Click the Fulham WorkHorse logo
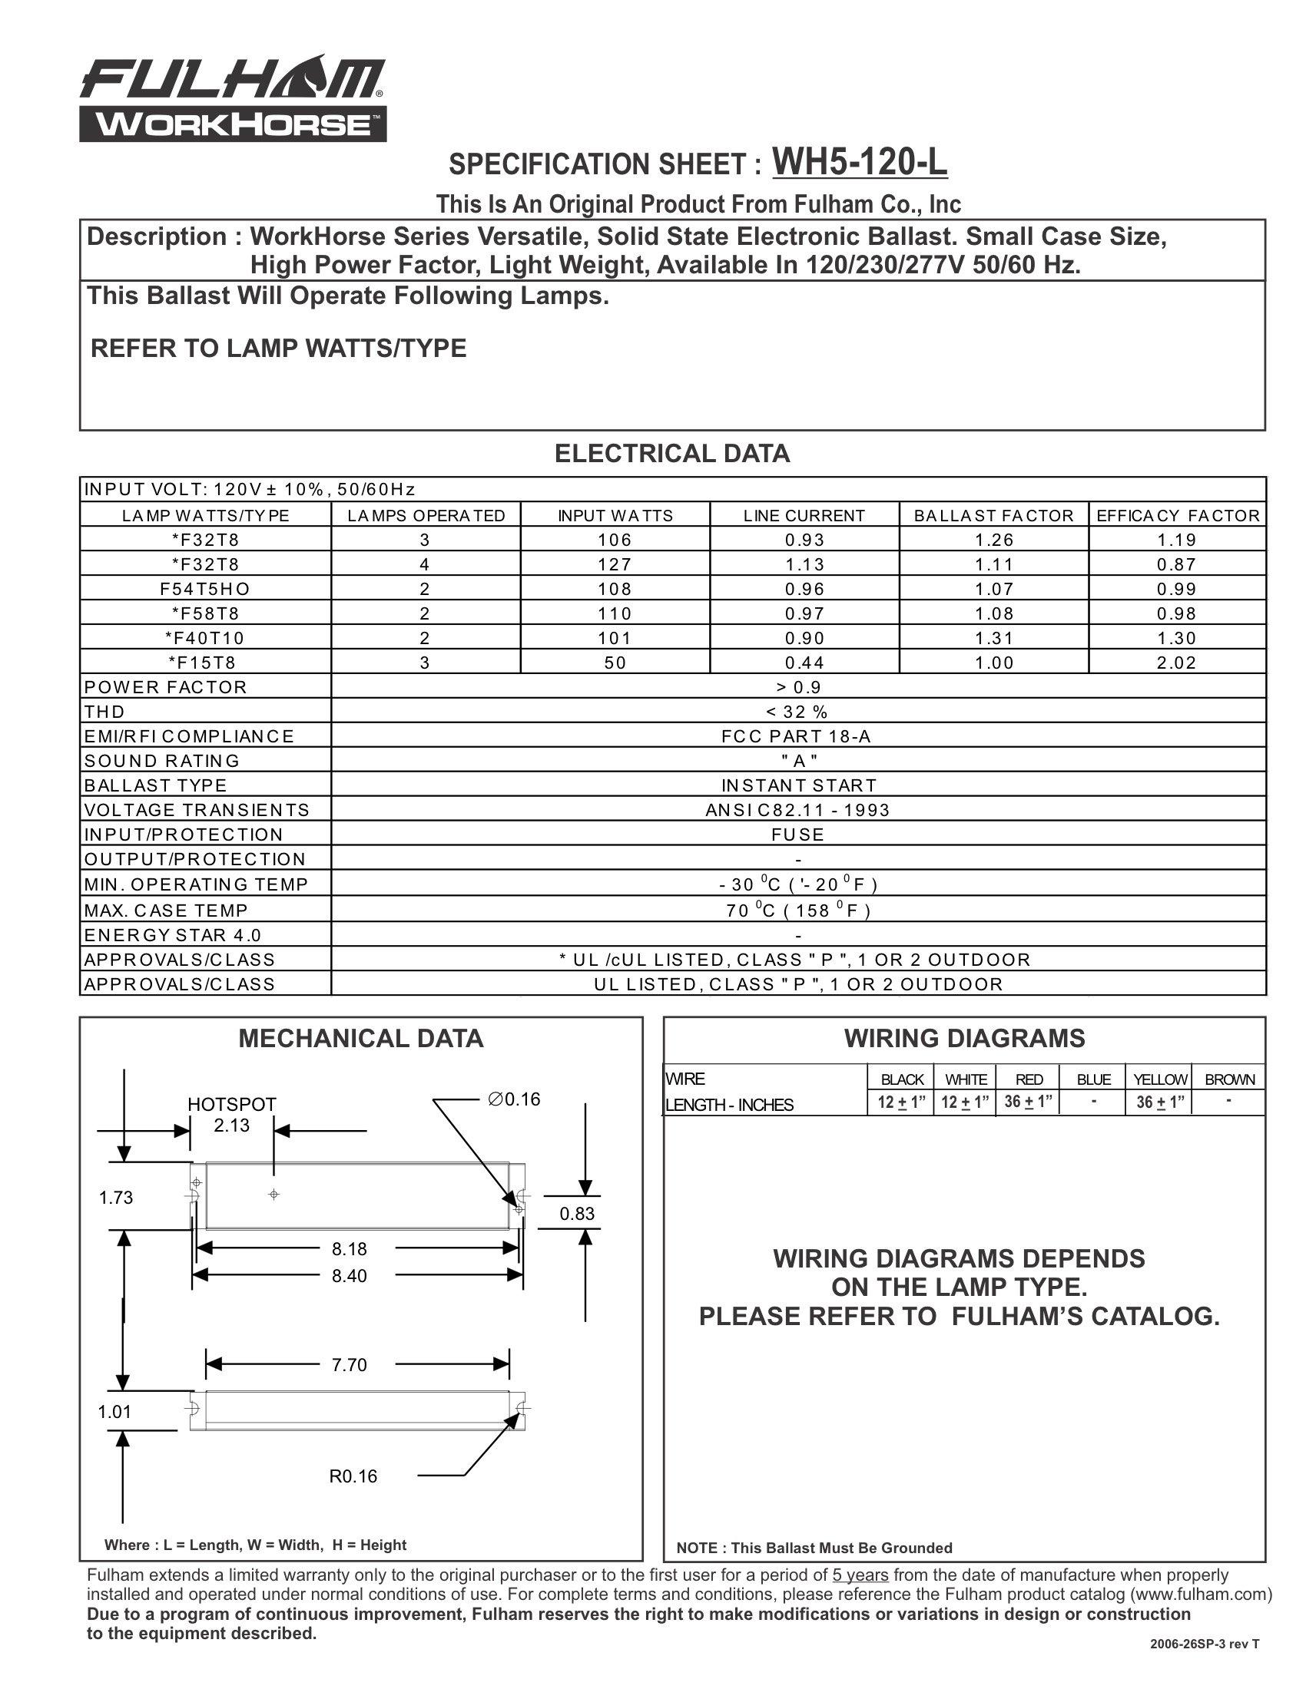pyautogui.click(x=232, y=98)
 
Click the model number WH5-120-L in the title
pyautogui.click(x=859, y=163)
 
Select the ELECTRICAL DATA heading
pyautogui.click(x=671, y=454)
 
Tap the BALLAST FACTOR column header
pyautogui.click(x=993, y=516)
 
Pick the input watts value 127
pyautogui.click(x=615, y=564)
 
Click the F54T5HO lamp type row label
pyautogui.click(x=205, y=590)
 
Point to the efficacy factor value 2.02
pyautogui.click(x=1176, y=663)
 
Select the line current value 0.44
pyautogui.click(x=804, y=663)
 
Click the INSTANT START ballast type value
pyautogui.click(x=798, y=785)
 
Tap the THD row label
pyautogui.click(x=104, y=712)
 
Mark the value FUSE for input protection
pyautogui.click(x=797, y=835)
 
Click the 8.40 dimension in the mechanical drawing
pyautogui.click(x=349, y=1276)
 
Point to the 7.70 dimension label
pyautogui.click(x=349, y=1365)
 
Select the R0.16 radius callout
pyautogui.click(x=353, y=1476)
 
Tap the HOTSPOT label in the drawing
pyautogui.click(x=231, y=1104)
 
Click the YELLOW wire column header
pyautogui.click(x=1159, y=1079)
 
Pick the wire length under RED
pyautogui.click(x=1028, y=1102)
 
